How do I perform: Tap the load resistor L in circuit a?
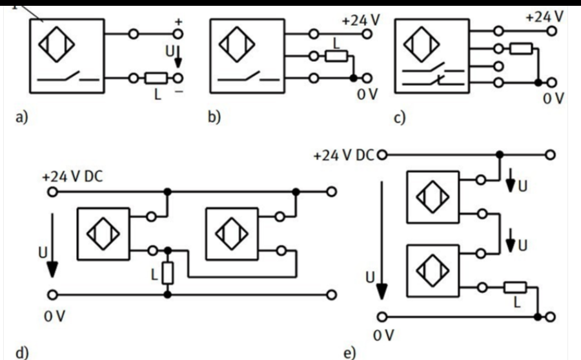pos(155,79)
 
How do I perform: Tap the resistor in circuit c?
pos(519,49)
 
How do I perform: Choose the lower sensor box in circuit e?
pos(434,270)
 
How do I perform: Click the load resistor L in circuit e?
pos(516,287)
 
